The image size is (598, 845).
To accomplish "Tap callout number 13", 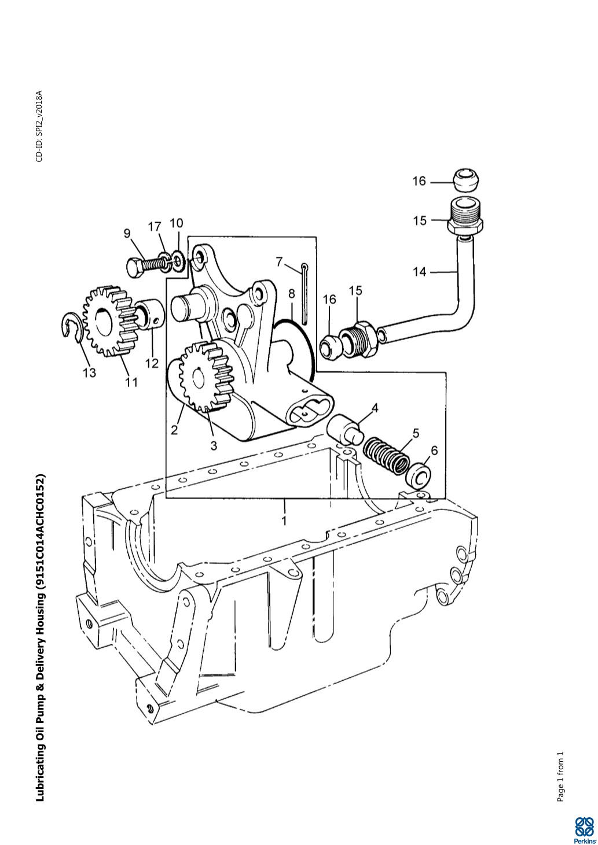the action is coord(90,373).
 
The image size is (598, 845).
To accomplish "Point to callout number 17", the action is coord(155,227).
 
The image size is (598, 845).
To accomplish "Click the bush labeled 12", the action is coord(149,313).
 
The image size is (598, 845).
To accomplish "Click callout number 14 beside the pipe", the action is coord(420,272).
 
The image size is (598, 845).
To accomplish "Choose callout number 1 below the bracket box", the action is coord(284,521).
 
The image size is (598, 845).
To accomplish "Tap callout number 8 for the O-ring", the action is coord(291,293).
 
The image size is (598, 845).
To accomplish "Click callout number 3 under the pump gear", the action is coord(214,445).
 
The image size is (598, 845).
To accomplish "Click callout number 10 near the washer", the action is coord(177,223).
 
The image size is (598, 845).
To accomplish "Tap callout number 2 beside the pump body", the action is coord(174,430).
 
